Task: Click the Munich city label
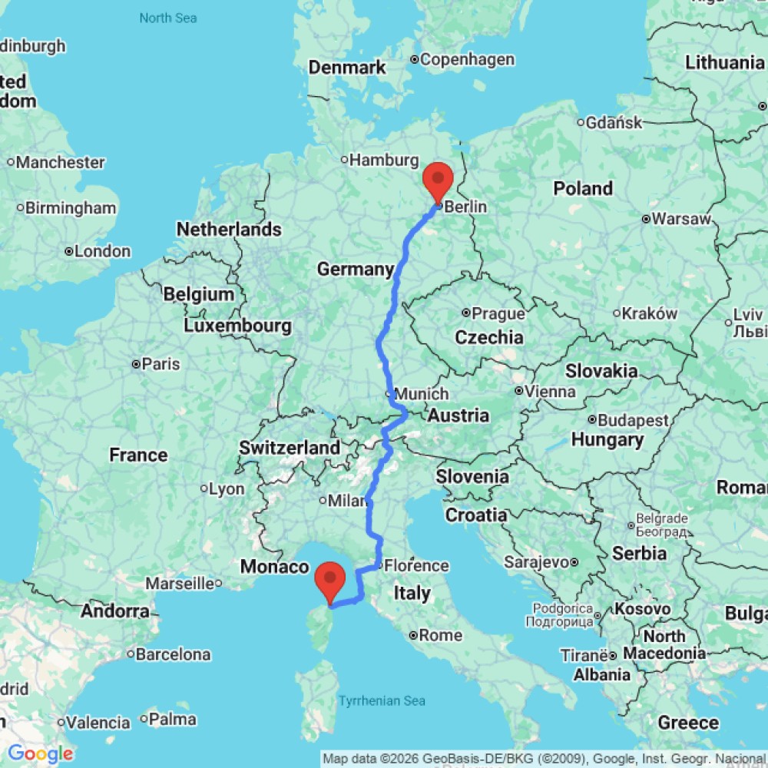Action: pos(421,393)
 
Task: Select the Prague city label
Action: pos(498,313)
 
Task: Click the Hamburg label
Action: pos(384,161)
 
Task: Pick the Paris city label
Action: pos(161,363)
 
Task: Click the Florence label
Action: pos(416,566)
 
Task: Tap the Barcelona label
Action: pos(174,655)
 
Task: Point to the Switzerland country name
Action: pos(290,448)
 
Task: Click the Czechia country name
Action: pos(489,337)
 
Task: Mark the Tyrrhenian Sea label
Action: pos(382,700)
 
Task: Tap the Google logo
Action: pos(40,754)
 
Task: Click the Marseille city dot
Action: pos(218,584)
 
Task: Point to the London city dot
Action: pos(69,251)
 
